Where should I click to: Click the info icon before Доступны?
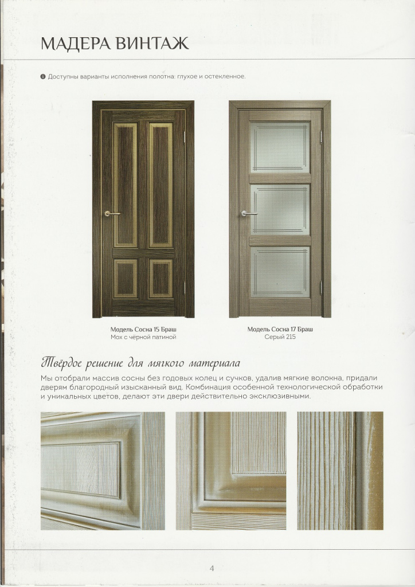[43, 77]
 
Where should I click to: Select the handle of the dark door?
[111, 213]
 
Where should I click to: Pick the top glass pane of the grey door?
[280, 147]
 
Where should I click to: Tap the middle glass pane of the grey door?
[280, 210]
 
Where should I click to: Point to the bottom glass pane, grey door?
[280, 272]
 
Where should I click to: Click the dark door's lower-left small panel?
[126, 279]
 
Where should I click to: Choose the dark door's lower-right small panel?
[161, 279]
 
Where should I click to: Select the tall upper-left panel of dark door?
[126, 185]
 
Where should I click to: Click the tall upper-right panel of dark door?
[161, 185]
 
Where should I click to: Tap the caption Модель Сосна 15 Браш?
[143, 330]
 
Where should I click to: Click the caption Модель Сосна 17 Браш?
[280, 330]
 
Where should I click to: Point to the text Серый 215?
[280, 338]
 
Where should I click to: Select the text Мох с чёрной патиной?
[143, 338]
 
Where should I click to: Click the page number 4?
[212, 568]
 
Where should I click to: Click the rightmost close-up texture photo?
[340, 471]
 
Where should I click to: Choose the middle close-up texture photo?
[230, 471]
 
